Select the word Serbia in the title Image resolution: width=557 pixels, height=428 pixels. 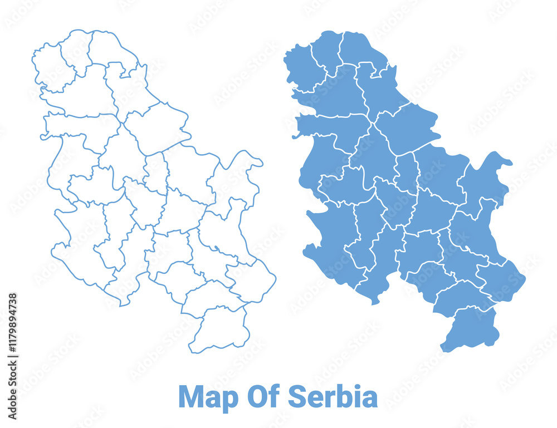pyautogui.click(x=333, y=397)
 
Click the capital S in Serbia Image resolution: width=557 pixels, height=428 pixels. pyautogui.click(x=297, y=397)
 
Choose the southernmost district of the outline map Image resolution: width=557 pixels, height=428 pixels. pyautogui.click(x=218, y=331)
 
